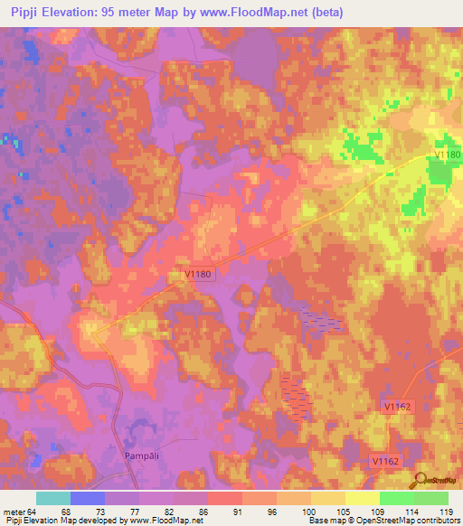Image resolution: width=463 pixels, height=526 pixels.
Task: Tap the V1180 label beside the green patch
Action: point(447,155)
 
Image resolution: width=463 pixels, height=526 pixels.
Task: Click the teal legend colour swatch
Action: point(53,498)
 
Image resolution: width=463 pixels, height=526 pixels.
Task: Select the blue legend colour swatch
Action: point(88,498)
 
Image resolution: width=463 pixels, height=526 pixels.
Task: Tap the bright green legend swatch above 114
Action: point(397,498)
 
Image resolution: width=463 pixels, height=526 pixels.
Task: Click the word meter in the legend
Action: point(13,511)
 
